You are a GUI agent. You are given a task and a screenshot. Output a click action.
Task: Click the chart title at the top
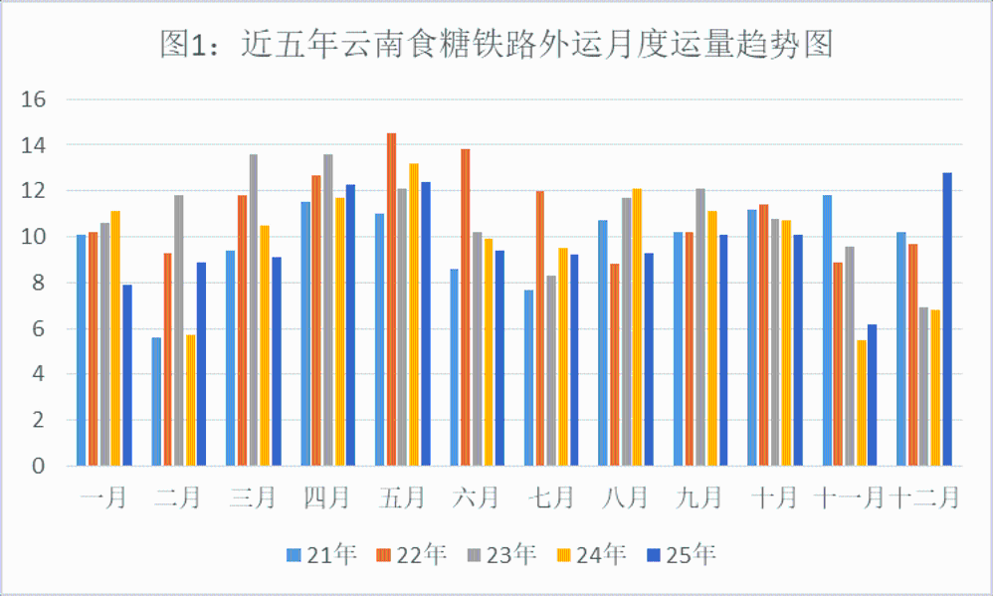pyautogui.click(x=496, y=45)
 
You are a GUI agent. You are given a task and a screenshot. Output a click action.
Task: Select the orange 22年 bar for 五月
pyautogui.click(x=391, y=298)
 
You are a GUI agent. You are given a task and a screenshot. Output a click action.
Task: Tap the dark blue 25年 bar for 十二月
pyautogui.click(x=947, y=318)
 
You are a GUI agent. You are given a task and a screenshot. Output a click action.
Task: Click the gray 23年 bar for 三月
pyautogui.click(x=253, y=309)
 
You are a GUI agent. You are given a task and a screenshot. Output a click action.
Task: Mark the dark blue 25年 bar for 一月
pyautogui.click(x=126, y=374)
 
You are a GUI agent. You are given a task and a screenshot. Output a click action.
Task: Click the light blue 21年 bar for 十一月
pyautogui.click(x=827, y=329)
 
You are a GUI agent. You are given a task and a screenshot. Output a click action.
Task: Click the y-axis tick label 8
pyautogui.click(x=40, y=283)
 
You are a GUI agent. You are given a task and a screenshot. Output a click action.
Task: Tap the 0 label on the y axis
pyautogui.click(x=40, y=466)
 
